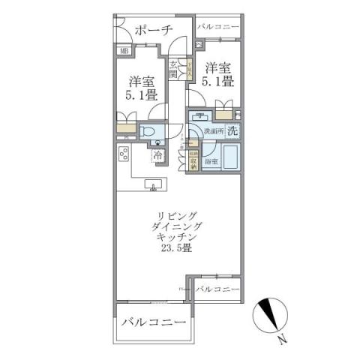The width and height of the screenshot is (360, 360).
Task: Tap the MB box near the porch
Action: tap(125, 51)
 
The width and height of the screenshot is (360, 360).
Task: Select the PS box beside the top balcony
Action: tap(198, 43)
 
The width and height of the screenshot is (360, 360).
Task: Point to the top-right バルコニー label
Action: tap(218, 27)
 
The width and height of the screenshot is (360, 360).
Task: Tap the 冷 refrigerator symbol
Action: tap(159, 156)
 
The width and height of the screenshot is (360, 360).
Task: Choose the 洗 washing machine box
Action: tap(232, 130)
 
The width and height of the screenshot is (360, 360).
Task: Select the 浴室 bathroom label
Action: tap(212, 161)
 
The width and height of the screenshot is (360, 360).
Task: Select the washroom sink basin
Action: tap(201, 116)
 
